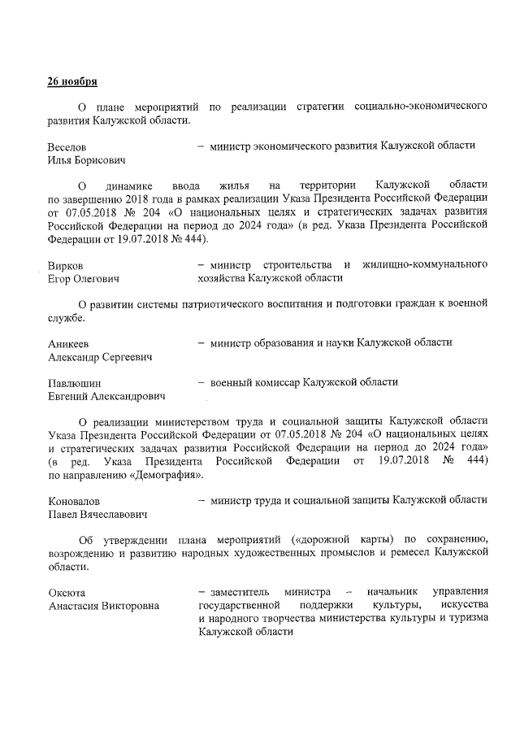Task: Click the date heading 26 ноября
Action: (x=73, y=83)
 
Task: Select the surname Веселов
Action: (x=67, y=146)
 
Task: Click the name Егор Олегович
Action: (x=84, y=279)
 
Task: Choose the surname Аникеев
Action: (x=69, y=343)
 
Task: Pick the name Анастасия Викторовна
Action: (x=103, y=606)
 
